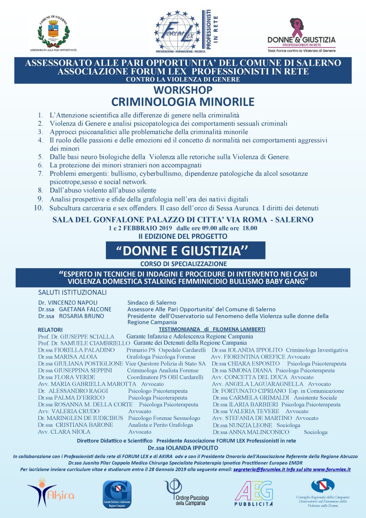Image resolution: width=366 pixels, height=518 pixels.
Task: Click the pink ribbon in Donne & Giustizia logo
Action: tap(297, 28)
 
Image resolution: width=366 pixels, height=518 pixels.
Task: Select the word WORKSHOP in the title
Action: tap(183, 90)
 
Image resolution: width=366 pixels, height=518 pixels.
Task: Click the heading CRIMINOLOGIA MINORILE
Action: tap(183, 102)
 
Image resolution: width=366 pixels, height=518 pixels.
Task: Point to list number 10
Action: tap(38, 208)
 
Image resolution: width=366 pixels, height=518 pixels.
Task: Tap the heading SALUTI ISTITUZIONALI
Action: tap(72, 292)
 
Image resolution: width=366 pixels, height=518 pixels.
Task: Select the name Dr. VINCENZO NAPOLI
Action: tap(68, 303)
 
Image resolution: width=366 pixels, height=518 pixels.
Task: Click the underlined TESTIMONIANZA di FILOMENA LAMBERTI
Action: tap(212, 329)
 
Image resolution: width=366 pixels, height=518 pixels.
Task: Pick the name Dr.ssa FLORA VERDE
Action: tap(67, 377)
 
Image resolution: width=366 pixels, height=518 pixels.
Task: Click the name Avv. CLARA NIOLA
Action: tap(64, 432)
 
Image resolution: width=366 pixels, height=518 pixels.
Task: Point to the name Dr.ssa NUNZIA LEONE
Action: tap(242, 425)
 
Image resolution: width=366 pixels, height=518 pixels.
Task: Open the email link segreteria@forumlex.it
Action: tap(259, 469)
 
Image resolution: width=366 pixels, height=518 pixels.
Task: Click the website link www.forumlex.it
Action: tap(332, 469)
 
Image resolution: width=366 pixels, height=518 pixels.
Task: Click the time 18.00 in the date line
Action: tap(250, 228)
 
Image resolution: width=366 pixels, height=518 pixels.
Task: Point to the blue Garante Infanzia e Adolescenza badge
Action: tap(117, 494)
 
